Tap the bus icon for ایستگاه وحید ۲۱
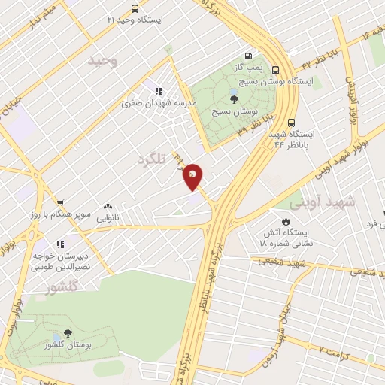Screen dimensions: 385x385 coord(135,8)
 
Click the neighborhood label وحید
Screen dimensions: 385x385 coord(103,61)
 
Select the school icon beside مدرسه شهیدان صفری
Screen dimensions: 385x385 coord(157,89)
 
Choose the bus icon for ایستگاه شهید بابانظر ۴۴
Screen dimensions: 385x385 coord(292,123)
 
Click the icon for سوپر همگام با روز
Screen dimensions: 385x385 coord(59,202)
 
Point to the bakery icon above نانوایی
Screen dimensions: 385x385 coord(108,205)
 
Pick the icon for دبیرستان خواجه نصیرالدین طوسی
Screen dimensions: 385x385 coord(60,244)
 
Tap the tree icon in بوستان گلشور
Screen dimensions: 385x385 coord(68,333)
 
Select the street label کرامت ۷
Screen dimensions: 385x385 coord(335,350)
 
